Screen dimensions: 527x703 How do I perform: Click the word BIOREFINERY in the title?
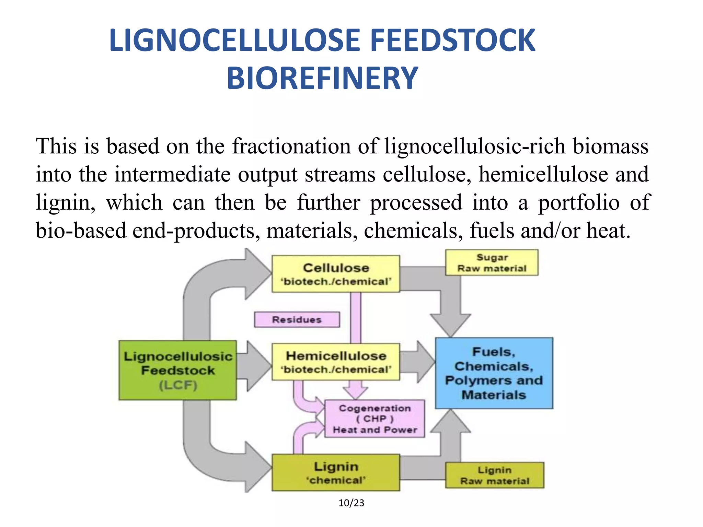pyautogui.click(x=322, y=79)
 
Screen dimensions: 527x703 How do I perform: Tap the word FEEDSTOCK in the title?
pyautogui.click(x=452, y=41)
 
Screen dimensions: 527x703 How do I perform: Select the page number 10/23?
pyautogui.click(x=351, y=503)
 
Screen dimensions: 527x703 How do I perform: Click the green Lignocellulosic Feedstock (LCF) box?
pyautogui.click(x=177, y=370)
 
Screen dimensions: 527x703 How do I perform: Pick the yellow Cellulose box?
pyautogui.click(x=336, y=274)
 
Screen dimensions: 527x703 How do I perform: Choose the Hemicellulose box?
pyautogui.click(x=336, y=362)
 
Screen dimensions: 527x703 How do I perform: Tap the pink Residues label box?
pyautogui.click(x=297, y=320)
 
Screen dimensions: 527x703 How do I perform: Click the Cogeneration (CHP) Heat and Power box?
pyautogui.click(x=374, y=419)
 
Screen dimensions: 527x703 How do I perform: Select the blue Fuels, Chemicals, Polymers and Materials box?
pyautogui.click(x=494, y=373)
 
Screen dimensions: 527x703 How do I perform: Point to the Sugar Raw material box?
pyautogui.click(x=492, y=263)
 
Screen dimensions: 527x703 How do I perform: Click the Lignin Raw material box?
pyautogui.click(x=494, y=476)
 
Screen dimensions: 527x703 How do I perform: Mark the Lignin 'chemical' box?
pyautogui.click(x=336, y=473)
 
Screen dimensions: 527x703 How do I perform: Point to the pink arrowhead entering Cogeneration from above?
pyautogui.click(x=356, y=393)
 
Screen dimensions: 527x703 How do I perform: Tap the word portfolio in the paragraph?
pyautogui.click(x=579, y=203)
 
